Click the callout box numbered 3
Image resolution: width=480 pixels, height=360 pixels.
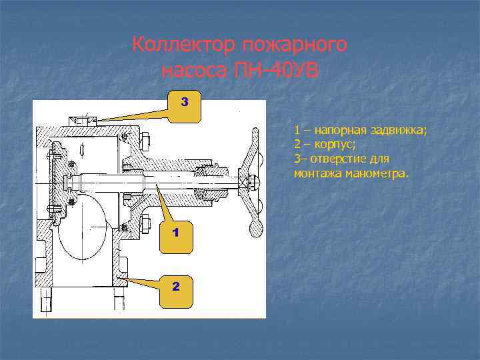click(184, 104)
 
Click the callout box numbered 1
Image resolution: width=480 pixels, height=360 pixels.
click(175, 233)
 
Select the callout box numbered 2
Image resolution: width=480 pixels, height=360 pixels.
click(175, 287)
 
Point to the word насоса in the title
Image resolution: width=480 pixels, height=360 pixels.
click(194, 69)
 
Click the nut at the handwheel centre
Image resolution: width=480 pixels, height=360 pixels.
click(252, 182)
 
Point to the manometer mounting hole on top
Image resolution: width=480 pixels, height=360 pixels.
click(83, 121)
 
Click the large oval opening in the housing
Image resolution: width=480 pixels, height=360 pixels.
click(83, 227)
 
